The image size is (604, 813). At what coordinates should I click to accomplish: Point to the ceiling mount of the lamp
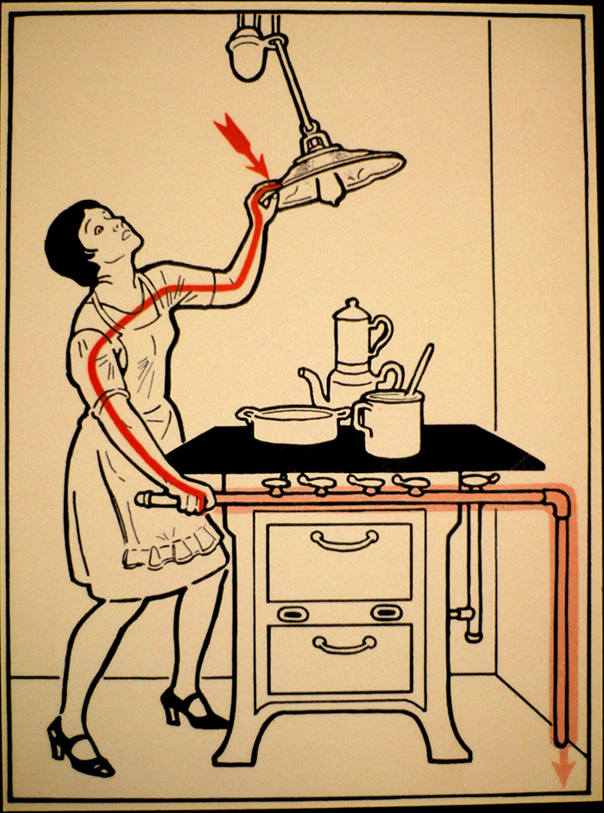pos(249,52)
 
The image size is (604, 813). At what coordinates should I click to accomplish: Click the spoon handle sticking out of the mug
pos(422,367)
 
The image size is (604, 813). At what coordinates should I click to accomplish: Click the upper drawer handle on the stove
pos(344,541)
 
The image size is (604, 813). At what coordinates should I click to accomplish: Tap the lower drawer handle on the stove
pos(344,643)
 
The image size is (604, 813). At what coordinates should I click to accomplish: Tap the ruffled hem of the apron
pos(173,547)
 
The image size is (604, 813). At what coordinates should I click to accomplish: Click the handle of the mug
pos(362,419)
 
